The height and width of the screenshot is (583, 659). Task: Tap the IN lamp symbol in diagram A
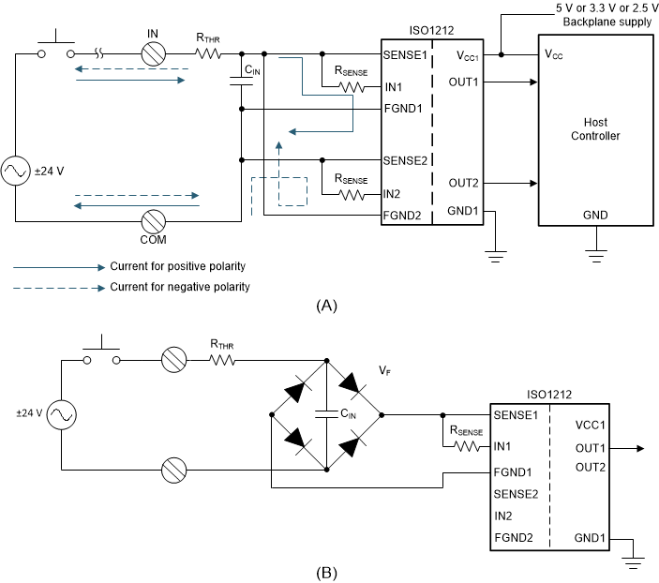click(154, 54)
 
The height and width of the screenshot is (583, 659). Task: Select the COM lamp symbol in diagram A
click(154, 222)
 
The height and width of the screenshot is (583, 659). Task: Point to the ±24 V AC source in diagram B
click(61, 413)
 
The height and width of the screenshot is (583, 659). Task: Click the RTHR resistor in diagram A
click(207, 54)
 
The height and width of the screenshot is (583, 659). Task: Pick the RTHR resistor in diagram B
click(223, 359)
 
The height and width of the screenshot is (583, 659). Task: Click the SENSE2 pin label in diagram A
click(405, 159)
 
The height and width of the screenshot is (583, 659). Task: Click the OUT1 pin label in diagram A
click(464, 81)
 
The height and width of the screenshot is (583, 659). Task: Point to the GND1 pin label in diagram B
click(590, 538)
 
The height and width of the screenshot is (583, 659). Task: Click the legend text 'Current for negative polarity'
click(180, 287)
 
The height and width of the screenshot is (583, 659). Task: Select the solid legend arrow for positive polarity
click(56, 266)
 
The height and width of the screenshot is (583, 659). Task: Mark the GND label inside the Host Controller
click(595, 216)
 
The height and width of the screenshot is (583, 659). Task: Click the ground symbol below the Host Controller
click(595, 251)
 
